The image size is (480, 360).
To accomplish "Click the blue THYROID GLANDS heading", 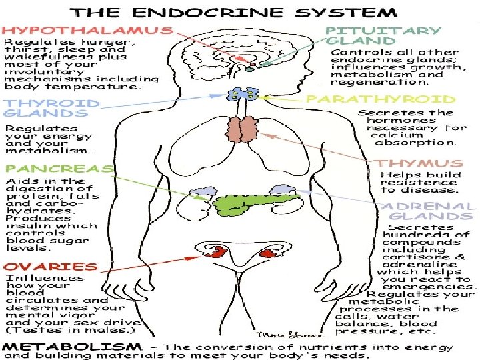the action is pos(51,109).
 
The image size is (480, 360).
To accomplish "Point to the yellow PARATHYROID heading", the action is pos(381,99).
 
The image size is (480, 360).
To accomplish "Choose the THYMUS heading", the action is pos(419,163).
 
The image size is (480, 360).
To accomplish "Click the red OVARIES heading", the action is pos(43,266).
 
